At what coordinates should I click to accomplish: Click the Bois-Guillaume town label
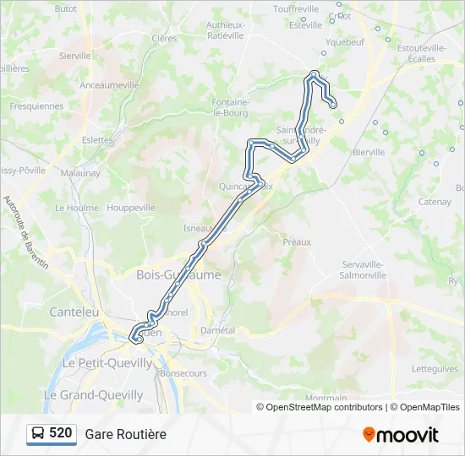[x=178, y=274]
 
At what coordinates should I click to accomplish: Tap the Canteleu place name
[x=74, y=312]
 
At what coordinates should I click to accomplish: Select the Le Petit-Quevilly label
[x=108, y=363]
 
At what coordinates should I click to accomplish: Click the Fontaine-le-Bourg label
[x=231, y=106]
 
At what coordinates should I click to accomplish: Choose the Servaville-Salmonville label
[x=363, y=269]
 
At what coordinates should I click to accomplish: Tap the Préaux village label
[x=297, y=242]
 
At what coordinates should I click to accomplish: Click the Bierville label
[x=369, y=152]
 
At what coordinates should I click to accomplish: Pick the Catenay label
[x=435, y=202]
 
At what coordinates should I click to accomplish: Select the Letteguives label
[x=435, y=369]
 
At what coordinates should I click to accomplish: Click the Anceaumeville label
[x=109, y=85]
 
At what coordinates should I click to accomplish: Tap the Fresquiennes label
[x=36, y=106]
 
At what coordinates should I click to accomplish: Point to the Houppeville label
[x=131, y=207]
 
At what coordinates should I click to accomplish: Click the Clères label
[x=164, y=38]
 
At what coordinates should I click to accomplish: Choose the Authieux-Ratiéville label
[x=226, y=30]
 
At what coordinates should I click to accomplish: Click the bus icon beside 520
[x=38, y=433]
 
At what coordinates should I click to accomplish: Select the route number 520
[x=61, y=433]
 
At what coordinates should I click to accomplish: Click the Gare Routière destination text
[x=125, y=434]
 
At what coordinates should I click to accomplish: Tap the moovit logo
[x=401, y=435]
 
